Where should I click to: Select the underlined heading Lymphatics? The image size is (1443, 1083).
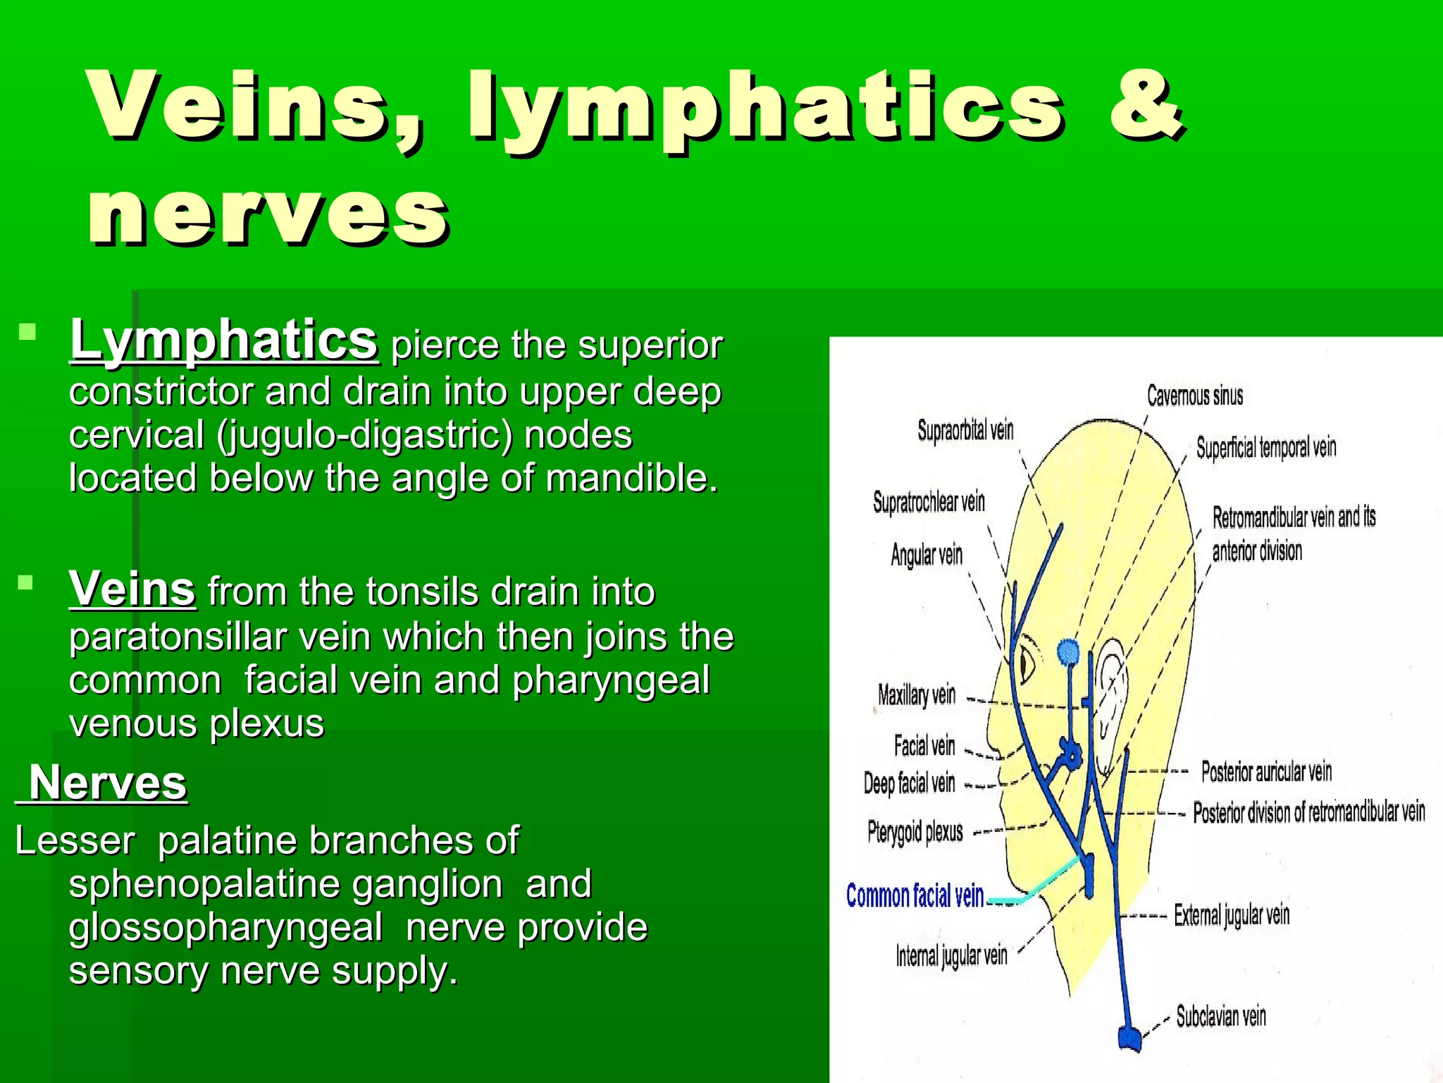(x=224, y=341)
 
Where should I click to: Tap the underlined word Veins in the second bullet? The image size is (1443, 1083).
(x=132, y=589)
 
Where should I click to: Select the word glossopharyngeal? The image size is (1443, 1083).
(x=225, y=927)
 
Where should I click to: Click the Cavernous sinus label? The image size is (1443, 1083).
(x=1194, y=396)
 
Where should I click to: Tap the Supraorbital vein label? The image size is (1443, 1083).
(x=965, y=429)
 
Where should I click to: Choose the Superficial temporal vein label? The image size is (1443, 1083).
(x=1265, y=447)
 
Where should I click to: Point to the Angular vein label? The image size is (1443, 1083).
(x=927, y=555)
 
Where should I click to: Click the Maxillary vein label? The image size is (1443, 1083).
(x=917, y=695)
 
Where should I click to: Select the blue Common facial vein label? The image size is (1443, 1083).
(x=915, y=895)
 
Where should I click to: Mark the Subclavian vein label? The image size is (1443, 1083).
(x=1221, y=1017)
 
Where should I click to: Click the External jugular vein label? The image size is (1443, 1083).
(x=1232, y=915)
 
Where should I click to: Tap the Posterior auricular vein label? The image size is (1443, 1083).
(x=1266, y=772)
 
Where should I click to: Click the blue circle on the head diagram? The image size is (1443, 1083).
(x=1068, y=652)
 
